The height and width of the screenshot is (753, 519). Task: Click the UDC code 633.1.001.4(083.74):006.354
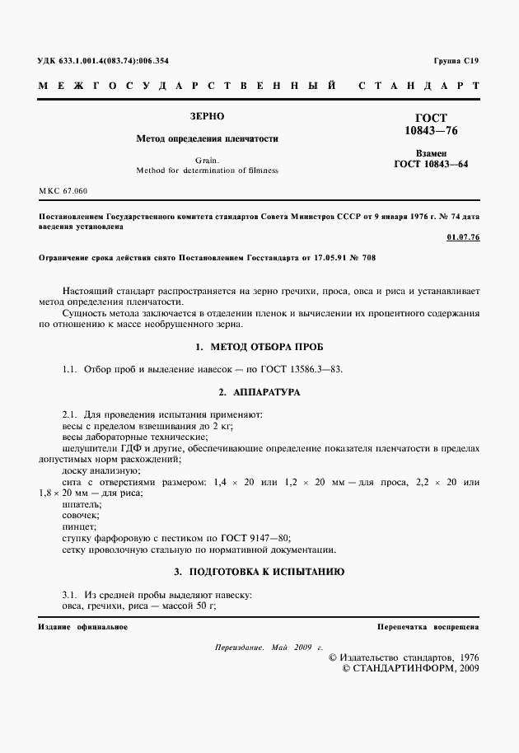tap(102, 62)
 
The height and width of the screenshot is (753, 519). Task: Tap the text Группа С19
tap(455, 62)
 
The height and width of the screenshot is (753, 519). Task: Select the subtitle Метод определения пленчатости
tap(207, 138)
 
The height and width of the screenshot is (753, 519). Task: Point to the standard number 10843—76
tap(431, 132)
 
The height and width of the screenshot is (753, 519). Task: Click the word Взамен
tap(431, 153)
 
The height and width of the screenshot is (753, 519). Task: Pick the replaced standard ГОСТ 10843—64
tap(431, 164)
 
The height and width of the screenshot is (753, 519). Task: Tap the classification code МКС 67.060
tap(63, 190)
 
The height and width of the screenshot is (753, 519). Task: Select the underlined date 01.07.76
tap(462, 237)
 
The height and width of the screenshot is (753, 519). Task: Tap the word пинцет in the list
tap(78, 526)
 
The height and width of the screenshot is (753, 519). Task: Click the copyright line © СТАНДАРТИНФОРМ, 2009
tap(409, 668)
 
